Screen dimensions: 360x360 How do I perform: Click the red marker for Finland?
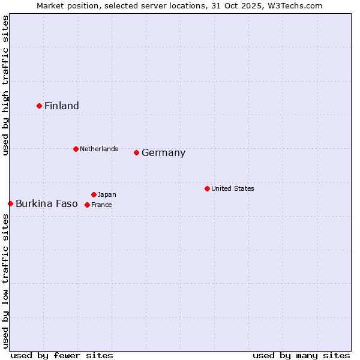click(40, 106)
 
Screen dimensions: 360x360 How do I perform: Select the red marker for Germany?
click(136, 152)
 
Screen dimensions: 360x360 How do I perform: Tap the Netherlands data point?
click(76, 149)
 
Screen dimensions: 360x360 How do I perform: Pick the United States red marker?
click(207, 188)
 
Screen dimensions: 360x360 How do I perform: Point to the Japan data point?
click(94, 194)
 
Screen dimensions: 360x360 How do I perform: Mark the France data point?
click(87, 205)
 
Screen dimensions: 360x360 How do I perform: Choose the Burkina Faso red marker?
click(10, 203)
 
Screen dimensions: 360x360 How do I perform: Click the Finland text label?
click(62, 106)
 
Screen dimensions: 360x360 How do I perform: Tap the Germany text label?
click(163, 153)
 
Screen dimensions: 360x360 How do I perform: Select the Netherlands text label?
click(99, 149)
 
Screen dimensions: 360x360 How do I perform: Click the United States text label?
click(233, 188)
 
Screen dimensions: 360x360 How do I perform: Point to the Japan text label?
click(107, 194)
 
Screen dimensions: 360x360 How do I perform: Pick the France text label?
click(101, 205)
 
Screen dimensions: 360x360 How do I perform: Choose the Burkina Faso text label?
click(47, 204)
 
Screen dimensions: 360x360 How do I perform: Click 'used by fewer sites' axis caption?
click(62, 355)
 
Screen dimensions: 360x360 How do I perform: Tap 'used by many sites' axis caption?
click(301, 355)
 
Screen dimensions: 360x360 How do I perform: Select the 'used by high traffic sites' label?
click(5, 85)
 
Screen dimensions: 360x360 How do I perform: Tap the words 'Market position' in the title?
click(64, 5)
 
